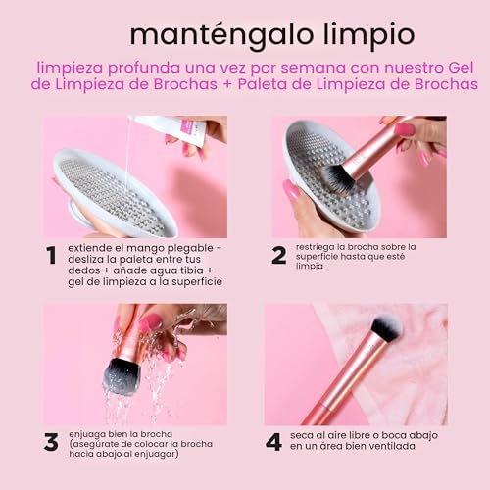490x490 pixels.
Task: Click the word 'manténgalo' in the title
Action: tap(203, 34)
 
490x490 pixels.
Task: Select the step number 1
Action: tap(50, 256)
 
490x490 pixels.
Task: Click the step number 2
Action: tap(278, 255)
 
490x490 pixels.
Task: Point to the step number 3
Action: tap(51, 441)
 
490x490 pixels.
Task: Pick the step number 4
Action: tap(273, 441)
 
